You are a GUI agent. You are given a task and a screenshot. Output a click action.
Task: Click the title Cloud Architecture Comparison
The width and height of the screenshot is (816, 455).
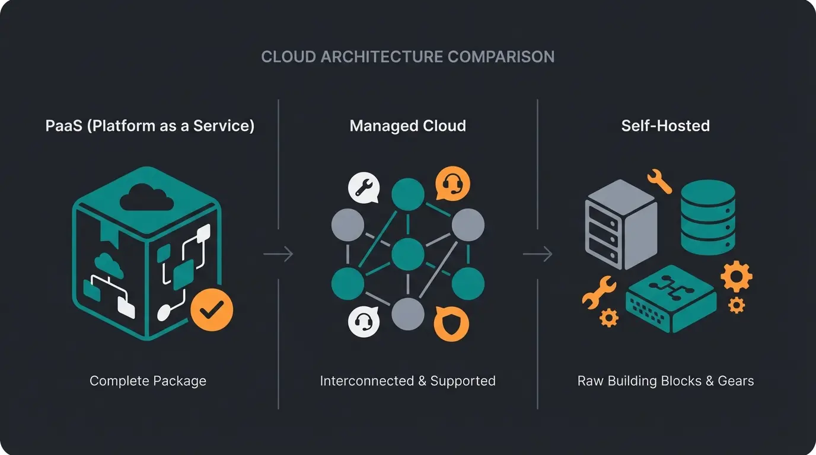[408, 57]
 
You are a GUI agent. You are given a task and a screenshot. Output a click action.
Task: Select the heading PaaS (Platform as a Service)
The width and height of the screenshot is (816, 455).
[149, 126]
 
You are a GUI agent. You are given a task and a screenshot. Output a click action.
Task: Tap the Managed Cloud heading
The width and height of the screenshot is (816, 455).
[407, 126]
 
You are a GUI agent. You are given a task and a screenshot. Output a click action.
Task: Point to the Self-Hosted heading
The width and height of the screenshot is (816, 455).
[665, 126]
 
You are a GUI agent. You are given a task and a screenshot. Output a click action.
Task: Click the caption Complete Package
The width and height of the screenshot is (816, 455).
[148, 380]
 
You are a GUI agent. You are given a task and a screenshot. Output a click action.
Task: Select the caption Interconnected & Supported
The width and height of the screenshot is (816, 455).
[407, 380]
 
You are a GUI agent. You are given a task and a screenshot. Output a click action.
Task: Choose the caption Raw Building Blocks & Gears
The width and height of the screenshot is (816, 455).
[665, 380]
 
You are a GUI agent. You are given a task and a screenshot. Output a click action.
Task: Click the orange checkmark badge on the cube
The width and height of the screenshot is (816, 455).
[212, 309]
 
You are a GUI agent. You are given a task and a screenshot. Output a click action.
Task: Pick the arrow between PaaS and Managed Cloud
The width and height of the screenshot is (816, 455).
[278, 254]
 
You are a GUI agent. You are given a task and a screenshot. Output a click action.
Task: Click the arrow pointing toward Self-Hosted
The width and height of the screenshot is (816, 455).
[537, 254]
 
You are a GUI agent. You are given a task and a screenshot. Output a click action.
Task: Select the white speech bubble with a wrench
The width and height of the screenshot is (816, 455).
[363, 188]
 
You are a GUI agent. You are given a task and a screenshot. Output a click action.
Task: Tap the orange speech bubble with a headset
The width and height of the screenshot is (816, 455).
[452, 184]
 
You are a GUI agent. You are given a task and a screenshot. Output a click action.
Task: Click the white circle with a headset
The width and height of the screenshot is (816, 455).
[363, 322]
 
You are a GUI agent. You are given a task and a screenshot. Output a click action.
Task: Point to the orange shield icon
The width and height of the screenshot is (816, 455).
[451, 323]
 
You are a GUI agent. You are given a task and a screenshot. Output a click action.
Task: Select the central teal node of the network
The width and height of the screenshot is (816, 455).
[408, 254]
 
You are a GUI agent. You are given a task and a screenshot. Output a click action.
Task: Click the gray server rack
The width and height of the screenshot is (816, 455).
[620, 225]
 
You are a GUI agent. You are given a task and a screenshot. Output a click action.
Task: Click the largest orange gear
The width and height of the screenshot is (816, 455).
[736, 277]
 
